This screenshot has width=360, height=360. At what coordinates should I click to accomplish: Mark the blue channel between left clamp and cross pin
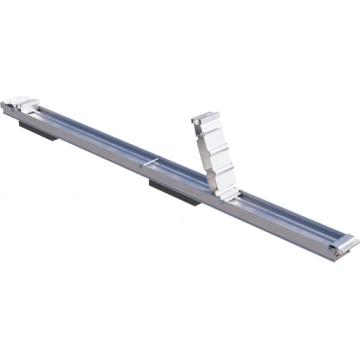[x=90, y=131]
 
